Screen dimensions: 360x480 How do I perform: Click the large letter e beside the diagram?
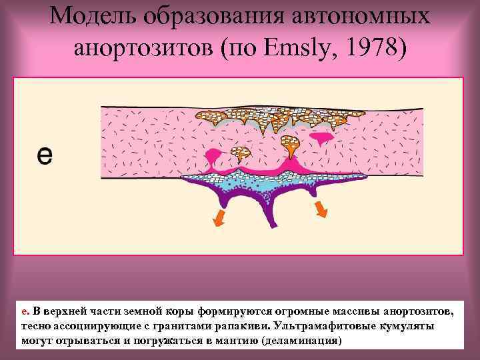pyautogui.click(x=44, y=156)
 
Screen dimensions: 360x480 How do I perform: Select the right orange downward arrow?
pyautogui.click(x=321, y=211)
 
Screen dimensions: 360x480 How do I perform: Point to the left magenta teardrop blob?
pyautogui.click(x=214, y=159)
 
